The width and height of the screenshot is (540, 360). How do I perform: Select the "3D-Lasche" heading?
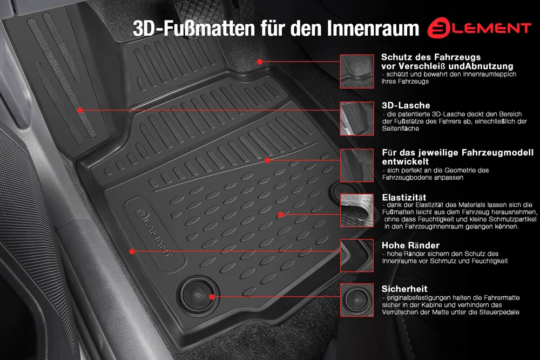click(406, 105)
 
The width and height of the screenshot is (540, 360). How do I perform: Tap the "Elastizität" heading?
click(404, 197)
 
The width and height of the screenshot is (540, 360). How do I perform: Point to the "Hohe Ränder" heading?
click(410, 245)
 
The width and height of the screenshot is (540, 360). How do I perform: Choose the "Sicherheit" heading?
click(404, 289)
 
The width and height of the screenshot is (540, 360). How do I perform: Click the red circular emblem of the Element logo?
click(438, 28)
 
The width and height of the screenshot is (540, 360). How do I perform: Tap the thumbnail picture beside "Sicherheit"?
click(357, 300)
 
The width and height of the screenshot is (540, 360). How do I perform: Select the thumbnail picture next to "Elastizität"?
click(357, 210)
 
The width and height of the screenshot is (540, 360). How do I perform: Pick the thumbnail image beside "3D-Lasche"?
click(357, 118)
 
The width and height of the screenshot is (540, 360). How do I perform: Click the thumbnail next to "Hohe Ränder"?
click(357, 256)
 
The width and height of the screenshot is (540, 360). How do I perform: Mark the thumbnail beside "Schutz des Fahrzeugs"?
click(357, 71)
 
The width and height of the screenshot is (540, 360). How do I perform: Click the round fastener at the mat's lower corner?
click(197, 294)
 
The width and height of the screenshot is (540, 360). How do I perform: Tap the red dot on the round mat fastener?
click(212, 297)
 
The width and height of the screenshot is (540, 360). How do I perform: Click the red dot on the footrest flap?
click(80, 111)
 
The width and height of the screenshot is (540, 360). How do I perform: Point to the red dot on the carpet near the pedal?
click(260, 62)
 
